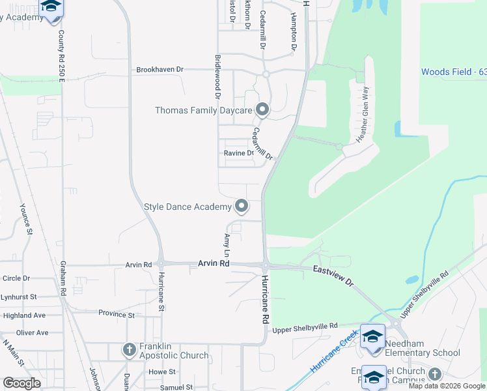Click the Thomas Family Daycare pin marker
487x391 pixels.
pyautogui.click(x=262, y=109)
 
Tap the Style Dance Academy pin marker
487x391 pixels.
pyautogui.click(x=242, y=207)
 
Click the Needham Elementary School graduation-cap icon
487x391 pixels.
pyautogui.click(x=373, y=336)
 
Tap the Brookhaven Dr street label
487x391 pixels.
pyautogui.click(x=160, y=69)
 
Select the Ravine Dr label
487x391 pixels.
pyautogui.click(x=239, y=153)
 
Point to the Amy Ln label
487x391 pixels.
pyautogui.click(x=227, y=244)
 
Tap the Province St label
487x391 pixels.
pyautogui.click(x=116, y=315)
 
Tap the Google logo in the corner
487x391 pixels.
pyautogui.click(x=22, y=383)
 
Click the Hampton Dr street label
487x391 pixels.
pyautogui.click(x=294, y=33)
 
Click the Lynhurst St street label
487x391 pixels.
pyautogui.click(x=17, y=297)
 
